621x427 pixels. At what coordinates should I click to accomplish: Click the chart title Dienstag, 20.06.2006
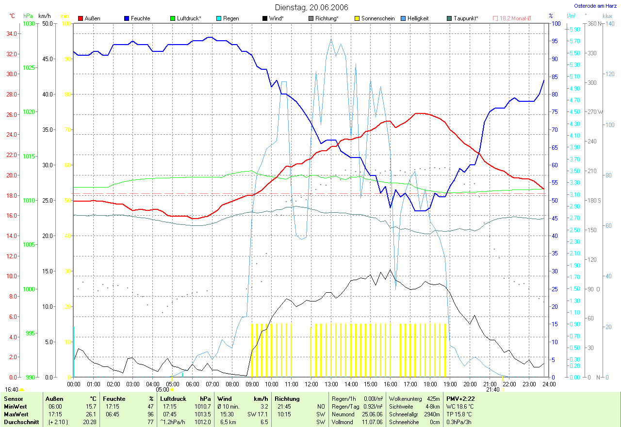tap(310, 7)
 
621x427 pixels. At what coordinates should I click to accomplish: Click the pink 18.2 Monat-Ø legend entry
tap(512, 18)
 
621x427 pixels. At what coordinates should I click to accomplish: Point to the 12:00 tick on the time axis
tap(311, 384)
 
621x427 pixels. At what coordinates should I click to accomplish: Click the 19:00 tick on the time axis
tap(450, 384)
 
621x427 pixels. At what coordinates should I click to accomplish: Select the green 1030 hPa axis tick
tap(29, 23)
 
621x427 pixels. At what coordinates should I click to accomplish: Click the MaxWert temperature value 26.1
tap(91, 414)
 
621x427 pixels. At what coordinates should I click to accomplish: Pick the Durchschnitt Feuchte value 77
tap(151, 422)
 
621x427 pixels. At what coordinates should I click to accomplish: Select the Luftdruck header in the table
tap(173, 399)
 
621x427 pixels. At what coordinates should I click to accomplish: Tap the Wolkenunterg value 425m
tap(433, 399)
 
